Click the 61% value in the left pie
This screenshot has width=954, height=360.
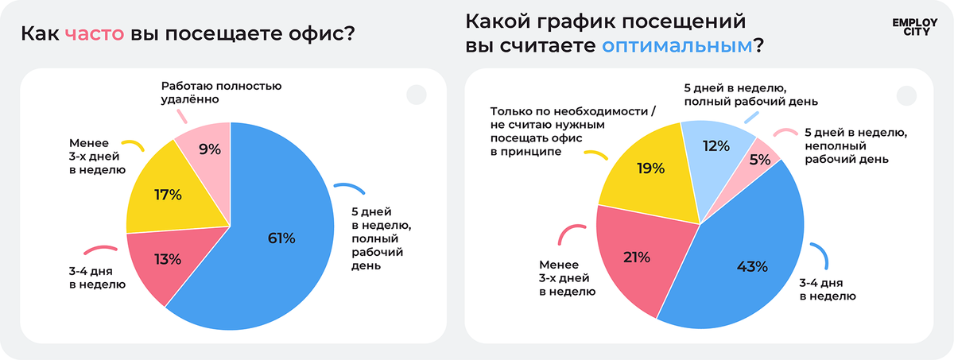281,238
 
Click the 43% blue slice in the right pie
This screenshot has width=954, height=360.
750,267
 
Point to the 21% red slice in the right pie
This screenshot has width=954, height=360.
638,257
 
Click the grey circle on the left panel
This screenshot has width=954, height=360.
417,95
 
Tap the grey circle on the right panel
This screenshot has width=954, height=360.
906,95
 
